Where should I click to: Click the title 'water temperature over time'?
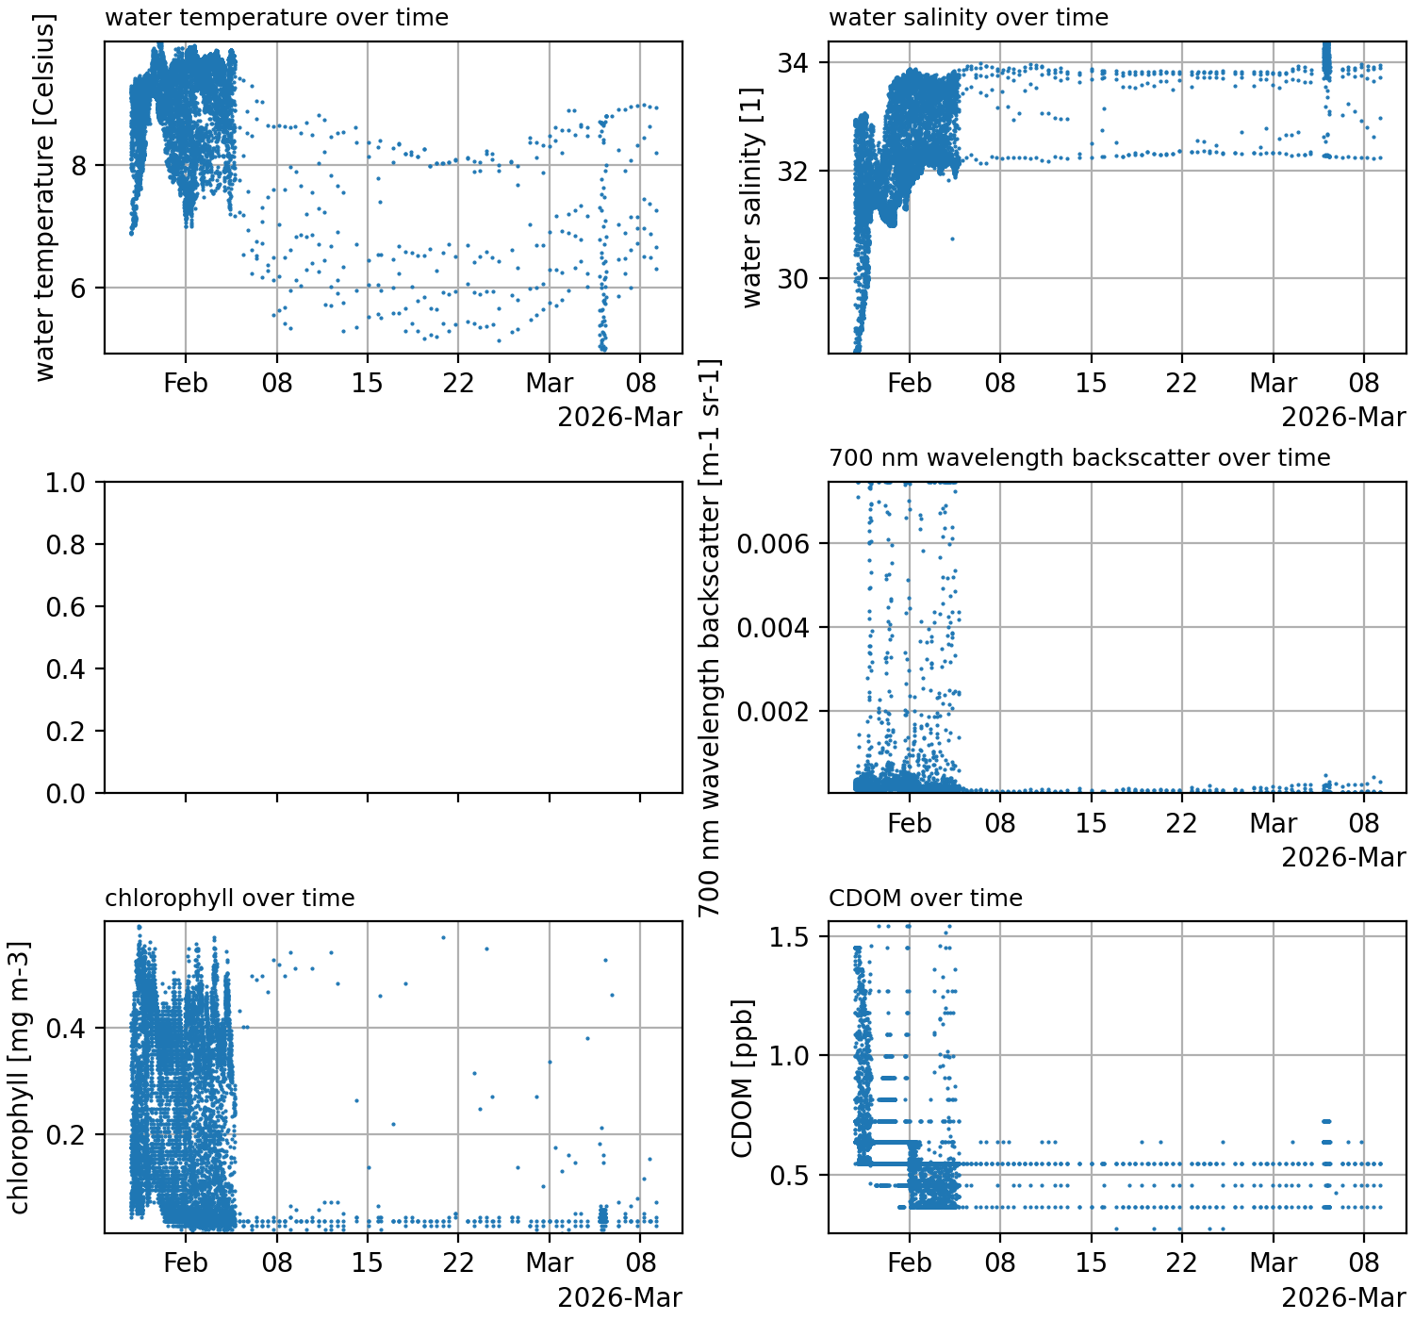click(276, 18)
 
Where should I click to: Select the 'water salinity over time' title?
click(968, 18)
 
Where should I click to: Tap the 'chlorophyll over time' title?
click(229, 899)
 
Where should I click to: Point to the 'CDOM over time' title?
click(925, 899)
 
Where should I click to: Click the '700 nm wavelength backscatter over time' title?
click(1079, 458)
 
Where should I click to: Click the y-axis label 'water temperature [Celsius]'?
click(44, 198)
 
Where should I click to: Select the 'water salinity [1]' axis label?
click(751, 198)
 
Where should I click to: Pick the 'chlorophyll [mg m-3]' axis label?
click(19, 1077)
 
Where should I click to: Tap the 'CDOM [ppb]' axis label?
click(743, 1077)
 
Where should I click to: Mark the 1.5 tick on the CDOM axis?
click(789, 937)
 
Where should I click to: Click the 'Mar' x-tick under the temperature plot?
click(549, 384)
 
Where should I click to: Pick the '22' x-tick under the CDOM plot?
click(1181, 1262)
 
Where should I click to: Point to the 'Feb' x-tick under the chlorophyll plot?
click(185, 1262)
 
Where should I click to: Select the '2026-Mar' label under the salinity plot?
click(1343, 417)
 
